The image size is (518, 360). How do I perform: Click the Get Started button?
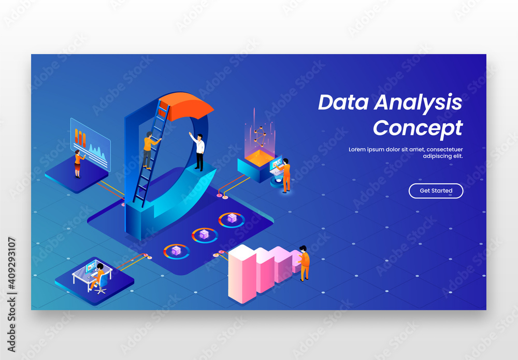(436, 191)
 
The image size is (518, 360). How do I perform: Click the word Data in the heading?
(342, 103)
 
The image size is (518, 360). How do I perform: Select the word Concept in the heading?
(418, 127)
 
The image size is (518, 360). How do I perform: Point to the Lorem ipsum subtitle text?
(406, 152)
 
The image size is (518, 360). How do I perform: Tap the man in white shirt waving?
(198, 150)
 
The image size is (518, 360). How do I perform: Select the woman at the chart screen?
(78, 163)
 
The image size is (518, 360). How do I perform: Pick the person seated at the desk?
(97, 276)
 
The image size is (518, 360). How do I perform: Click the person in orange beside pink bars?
(304, 263)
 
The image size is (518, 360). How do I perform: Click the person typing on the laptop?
(285, 175)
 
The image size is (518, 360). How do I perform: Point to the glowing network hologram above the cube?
(260, 135)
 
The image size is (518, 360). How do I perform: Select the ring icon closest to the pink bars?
(177, 251)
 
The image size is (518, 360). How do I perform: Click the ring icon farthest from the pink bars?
(232, 220)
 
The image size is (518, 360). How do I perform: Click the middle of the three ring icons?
(205, 236)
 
